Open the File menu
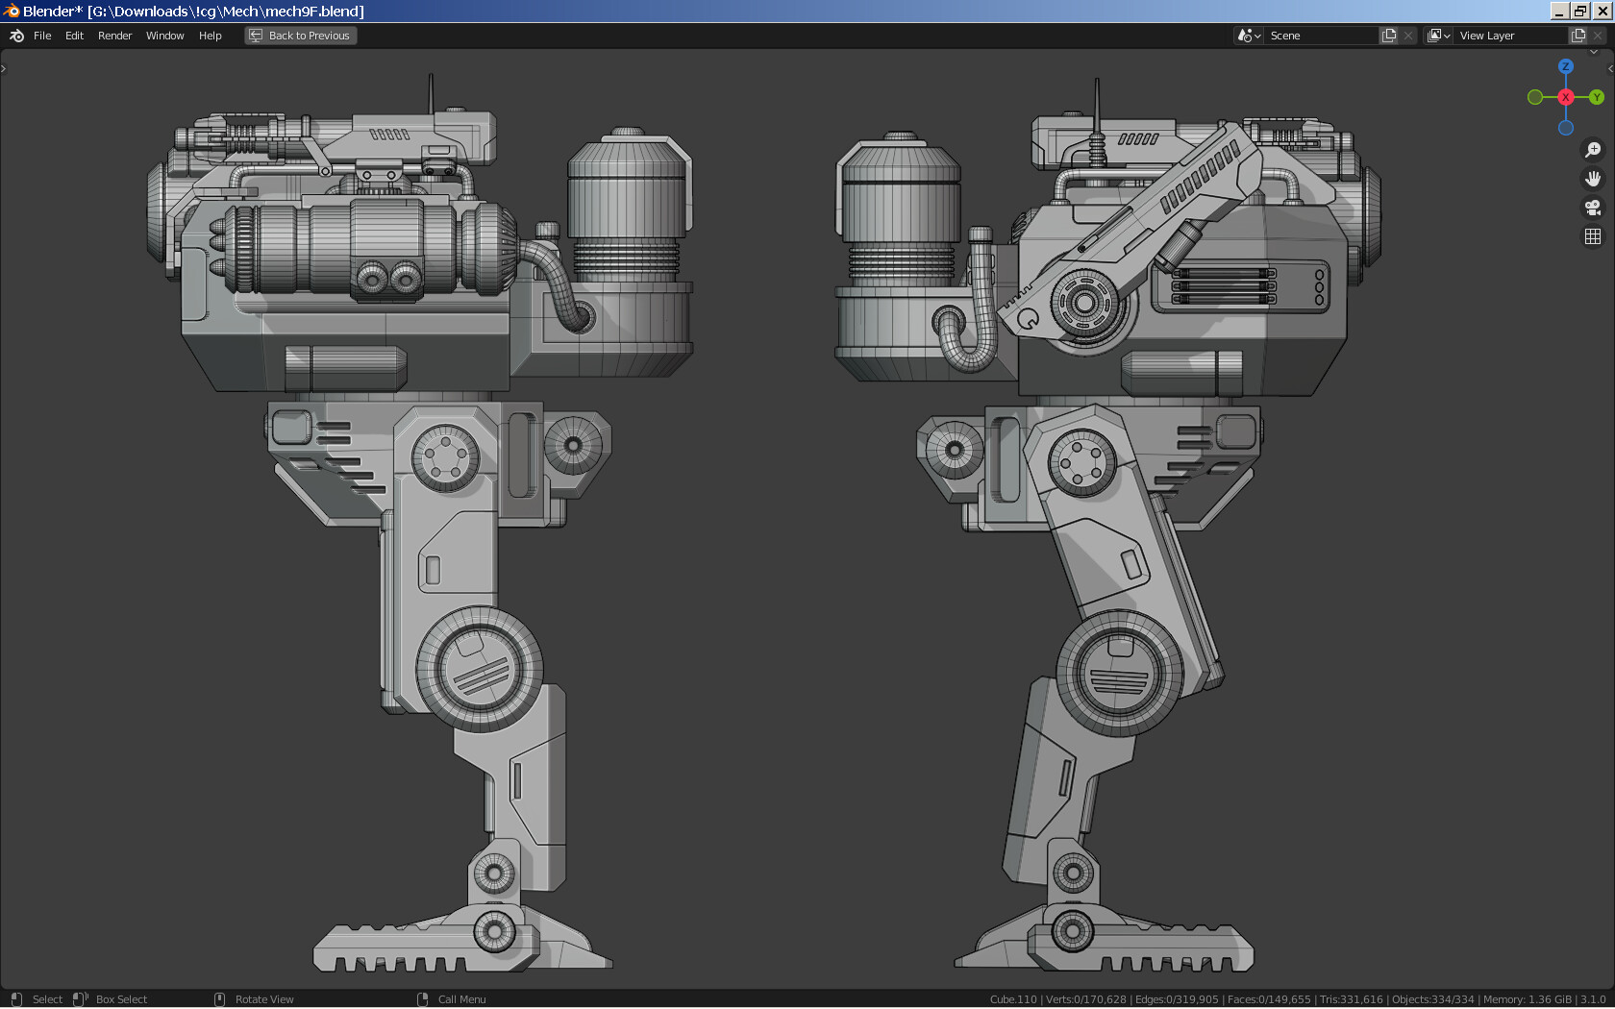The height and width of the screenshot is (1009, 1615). click(42, 36)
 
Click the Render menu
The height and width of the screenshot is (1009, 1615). click(114, 36)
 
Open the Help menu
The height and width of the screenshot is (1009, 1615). click(210, 36)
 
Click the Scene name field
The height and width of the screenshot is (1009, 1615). click(1321, 36)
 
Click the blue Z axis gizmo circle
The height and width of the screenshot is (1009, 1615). click(1566, 66)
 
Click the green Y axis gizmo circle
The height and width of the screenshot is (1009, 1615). click(1596, 97)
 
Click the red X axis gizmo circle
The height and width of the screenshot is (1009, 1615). click(1566, 97)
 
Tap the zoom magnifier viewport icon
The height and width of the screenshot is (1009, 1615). click(1593, 150)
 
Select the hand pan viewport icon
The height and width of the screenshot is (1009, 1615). click(1593, 179)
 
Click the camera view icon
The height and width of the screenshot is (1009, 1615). click(1593, 208)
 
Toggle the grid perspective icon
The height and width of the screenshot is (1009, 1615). click(1593, 236)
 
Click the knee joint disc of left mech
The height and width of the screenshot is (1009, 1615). click(479, 669)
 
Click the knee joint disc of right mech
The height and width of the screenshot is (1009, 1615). click(1119, 673)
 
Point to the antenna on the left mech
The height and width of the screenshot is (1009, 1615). click(431, 92)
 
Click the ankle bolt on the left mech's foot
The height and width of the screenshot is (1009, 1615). click(494, 930)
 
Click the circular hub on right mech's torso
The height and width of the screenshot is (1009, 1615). click(1084, 303)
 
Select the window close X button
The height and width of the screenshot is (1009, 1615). click(1602, 11)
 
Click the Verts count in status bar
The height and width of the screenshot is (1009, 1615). click(1085, 999)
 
